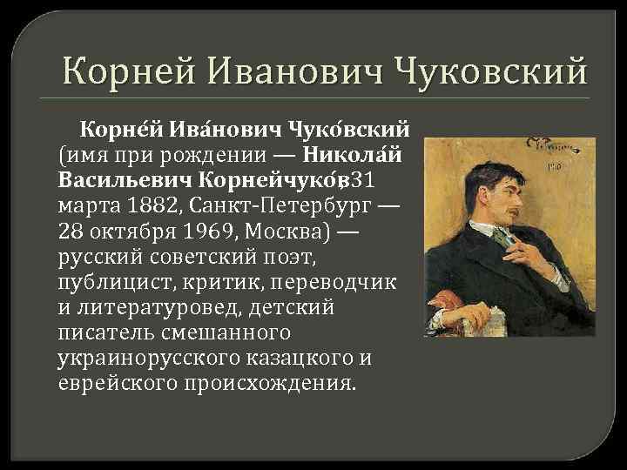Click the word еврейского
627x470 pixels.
coord(112,384)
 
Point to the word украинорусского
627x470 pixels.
coord(143,359)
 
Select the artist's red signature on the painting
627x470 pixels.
coord(544,147)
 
